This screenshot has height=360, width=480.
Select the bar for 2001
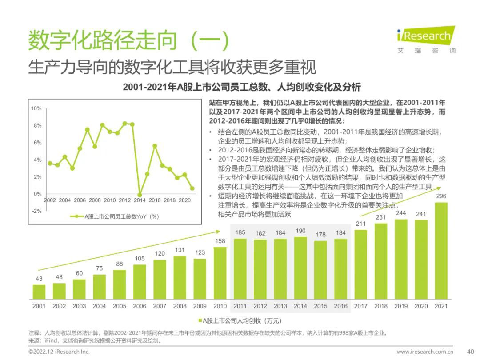pos(39,291)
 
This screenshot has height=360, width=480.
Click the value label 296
pos(441,196)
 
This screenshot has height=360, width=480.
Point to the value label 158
pos(220,241)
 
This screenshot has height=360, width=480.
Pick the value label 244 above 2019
pos(401,213)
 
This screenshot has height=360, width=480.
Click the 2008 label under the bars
pos(180,306)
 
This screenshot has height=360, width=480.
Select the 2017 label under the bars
pos(360,306)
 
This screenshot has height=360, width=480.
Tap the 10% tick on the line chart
pos(36,108)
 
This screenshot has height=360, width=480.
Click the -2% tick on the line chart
pos(36,211)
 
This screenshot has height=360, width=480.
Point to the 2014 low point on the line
pos(140,195)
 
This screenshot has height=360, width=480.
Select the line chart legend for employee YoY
pos(115,216)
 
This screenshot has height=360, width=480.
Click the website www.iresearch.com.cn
pos(424,352)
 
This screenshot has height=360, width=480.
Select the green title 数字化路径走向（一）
pos(129,41)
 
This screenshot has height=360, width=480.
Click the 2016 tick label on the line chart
pos(155,200)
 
